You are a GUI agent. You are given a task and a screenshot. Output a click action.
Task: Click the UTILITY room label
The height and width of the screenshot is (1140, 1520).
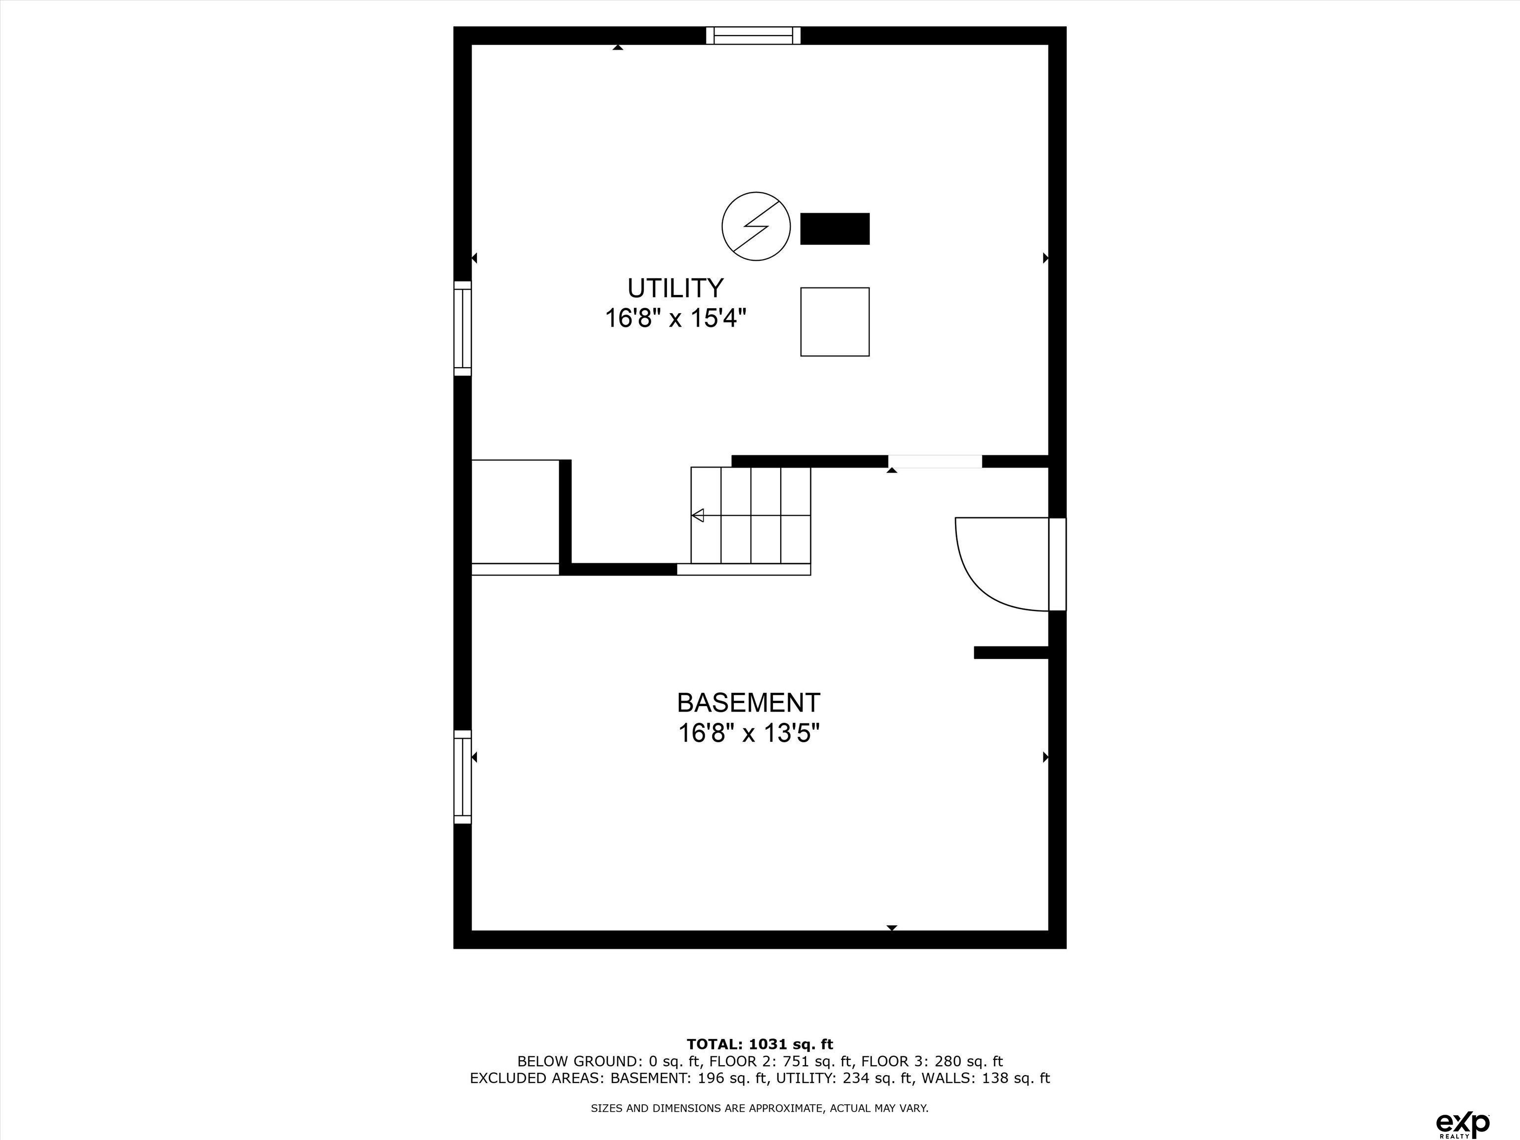pyautogui.click(x=675, y=287)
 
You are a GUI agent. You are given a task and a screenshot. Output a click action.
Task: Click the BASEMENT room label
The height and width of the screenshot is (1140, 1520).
pyautogui.click(x=748, y=702)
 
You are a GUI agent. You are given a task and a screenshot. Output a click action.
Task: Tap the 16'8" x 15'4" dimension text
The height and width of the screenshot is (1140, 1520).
pyautogui.click(x=675, y=318)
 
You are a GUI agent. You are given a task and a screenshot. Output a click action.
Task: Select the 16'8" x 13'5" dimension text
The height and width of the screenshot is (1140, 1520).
pyautogui.click(x=749, y=733)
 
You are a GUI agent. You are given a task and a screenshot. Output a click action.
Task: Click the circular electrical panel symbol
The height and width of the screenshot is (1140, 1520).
pyautogui.click(x=756, y=226)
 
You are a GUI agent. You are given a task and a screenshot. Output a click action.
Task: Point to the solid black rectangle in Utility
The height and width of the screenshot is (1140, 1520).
pyautogui.click(x=835, y=229)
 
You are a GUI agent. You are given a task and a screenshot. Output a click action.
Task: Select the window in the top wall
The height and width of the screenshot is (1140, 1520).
pyautogui.click(x=754, y=35)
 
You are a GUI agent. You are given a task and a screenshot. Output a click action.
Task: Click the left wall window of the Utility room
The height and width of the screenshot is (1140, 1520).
pyautogui.click(x=463, y=329)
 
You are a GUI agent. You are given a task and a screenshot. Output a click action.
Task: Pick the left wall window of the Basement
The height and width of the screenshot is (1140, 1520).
pyautogui.click(x=463, y=776)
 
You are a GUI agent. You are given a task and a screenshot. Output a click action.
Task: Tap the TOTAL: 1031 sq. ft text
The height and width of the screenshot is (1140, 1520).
pyautogui.click(x=760, y=1045)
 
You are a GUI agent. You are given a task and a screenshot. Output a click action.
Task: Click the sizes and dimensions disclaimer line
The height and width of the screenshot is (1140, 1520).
pyautogui.click(x=760, y=1108)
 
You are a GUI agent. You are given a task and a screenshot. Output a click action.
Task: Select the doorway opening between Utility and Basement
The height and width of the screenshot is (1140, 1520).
pyautogui.click(x=935, y=461)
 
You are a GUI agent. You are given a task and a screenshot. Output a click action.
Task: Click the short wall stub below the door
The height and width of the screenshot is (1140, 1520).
pyautogui.click(x=1011, y=653)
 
